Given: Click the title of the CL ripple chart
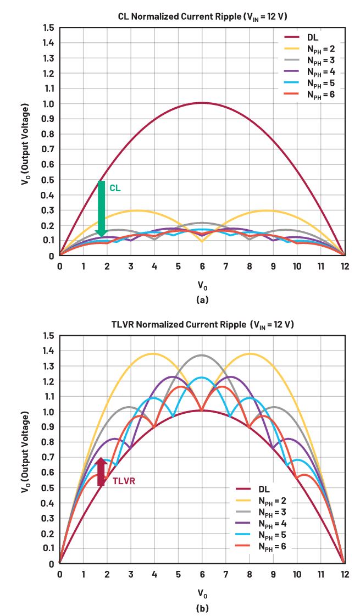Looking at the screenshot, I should [203, 16].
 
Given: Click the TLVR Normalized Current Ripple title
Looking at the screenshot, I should [203, 324].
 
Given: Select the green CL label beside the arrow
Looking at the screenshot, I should [115, 188].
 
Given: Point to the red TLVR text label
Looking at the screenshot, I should [124, 481].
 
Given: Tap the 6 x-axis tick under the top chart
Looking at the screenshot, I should [202, 266].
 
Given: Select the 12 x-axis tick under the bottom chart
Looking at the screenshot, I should [345, 574].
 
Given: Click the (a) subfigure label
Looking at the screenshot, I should [202, 300].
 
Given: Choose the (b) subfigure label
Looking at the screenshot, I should [202, 608].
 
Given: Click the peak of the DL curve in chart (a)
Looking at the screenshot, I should [202, 103].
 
